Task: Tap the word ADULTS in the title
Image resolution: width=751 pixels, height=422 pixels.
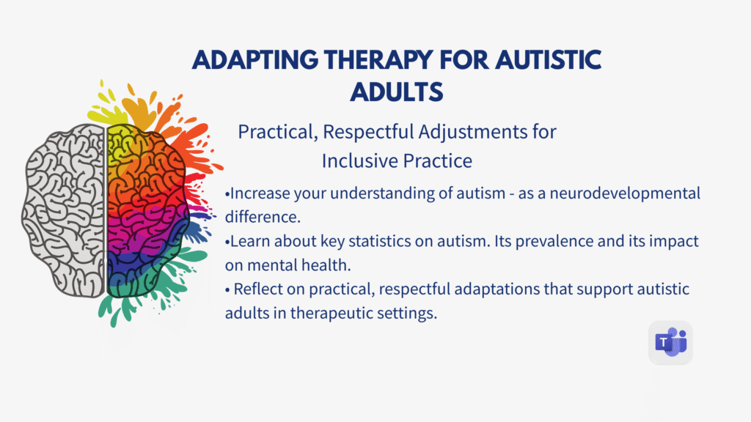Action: [397, 92]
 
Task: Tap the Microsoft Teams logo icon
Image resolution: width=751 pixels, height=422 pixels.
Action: [670, 342]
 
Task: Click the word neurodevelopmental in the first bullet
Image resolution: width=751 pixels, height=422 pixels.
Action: [630, 194]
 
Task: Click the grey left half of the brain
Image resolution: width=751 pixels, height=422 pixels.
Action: [64, 212]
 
